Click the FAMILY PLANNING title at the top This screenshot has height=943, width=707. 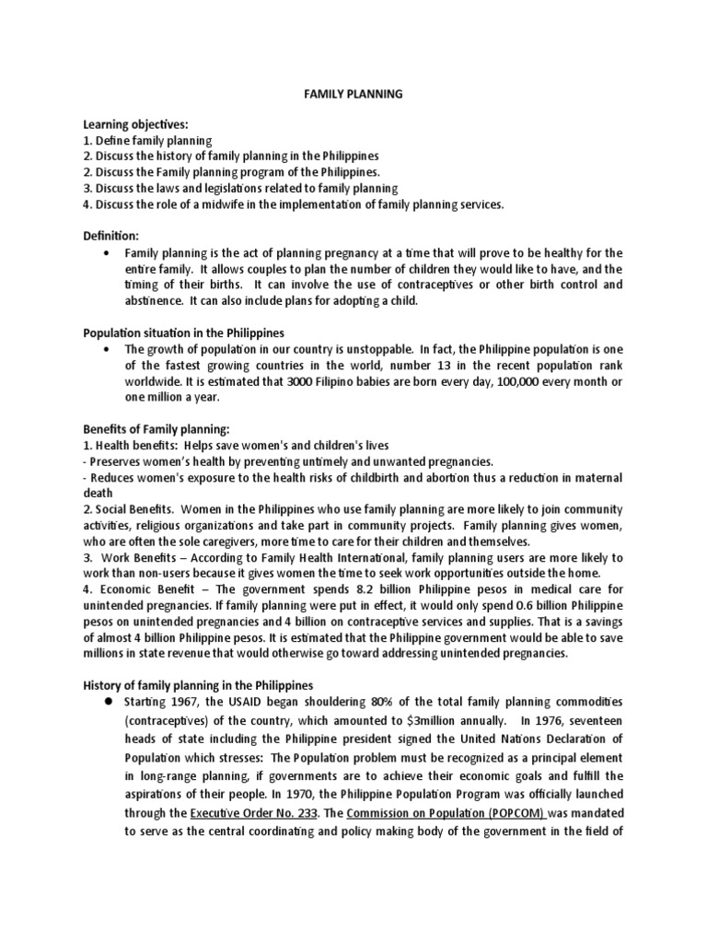[353, 94]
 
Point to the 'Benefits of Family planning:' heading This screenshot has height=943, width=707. [156, 428]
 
